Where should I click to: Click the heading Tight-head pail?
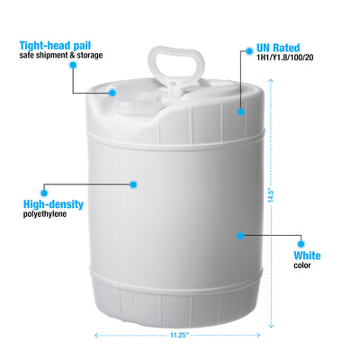[55, 46]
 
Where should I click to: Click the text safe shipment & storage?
[61, 56]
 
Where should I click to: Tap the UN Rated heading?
[278, 48]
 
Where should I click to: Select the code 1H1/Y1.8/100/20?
[284, 58]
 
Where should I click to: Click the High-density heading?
[53, 204]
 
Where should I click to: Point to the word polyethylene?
[45, 214]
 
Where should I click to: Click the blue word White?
[307, 256]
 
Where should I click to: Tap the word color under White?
[302, 265]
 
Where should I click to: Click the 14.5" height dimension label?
[271, 195]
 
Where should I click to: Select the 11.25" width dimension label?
[179, 335]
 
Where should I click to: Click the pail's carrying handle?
[177, 67]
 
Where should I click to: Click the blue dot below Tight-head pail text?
[73, 65]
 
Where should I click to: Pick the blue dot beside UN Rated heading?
[249, 51]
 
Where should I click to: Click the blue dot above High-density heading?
[44, 193]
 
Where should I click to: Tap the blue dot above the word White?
[301, 244]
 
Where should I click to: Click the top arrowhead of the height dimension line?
[271, 80]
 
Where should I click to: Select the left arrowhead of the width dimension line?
[96, 335]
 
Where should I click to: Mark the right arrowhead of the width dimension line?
[257, 335]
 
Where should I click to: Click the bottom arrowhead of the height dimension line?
[271, 326]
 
